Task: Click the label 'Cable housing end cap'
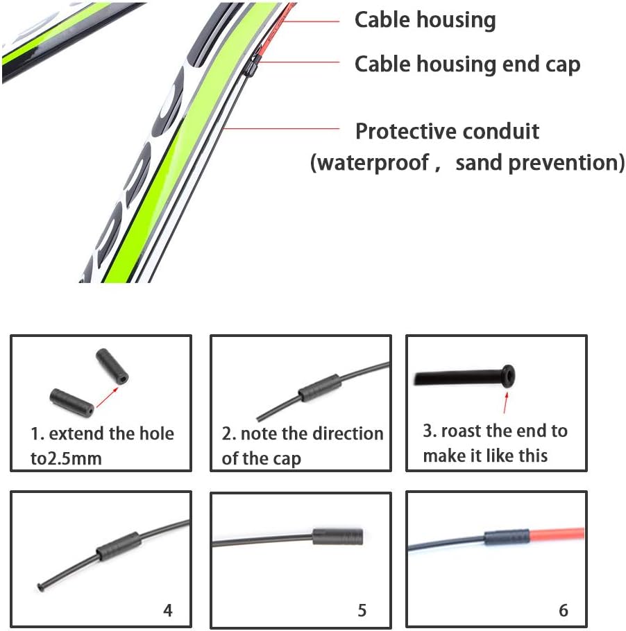point(467,64)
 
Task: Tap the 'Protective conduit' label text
point(447,131)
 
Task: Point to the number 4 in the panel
point(167,610)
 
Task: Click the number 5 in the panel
point(362,610)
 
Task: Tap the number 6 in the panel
point(563,610)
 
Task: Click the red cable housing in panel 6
point(557,534)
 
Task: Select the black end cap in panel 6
point(507,537)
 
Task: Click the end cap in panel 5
point(338,537)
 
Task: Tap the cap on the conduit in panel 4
point(119,546)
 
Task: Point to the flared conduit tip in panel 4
point(40,587)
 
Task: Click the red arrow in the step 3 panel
point(505,402)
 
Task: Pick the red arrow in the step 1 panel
point(108,397)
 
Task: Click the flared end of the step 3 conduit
point(509,376)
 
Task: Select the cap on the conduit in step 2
point(320,388)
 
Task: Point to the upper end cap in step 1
point(112,366)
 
